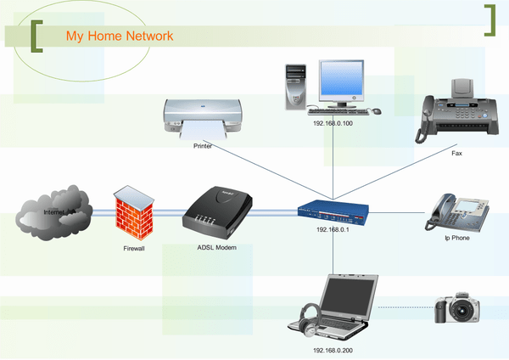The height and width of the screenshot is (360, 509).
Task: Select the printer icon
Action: tap(204, 118)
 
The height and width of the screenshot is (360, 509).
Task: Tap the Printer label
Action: tap(202, 146)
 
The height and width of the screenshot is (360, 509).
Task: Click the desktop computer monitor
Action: tap(342, 81)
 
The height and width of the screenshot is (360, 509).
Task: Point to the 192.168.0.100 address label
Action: tap(333, 123)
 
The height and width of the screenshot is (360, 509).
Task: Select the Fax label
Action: tap(456, 154)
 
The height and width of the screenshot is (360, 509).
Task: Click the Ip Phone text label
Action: tap(456, 239)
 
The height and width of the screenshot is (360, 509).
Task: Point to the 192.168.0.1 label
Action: tap(333, 229)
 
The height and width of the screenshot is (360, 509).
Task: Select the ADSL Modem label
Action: tap(210, 247)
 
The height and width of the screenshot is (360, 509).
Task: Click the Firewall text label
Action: tap(134, 250)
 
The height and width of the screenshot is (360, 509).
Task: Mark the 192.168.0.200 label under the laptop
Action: tap(333, 350)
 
